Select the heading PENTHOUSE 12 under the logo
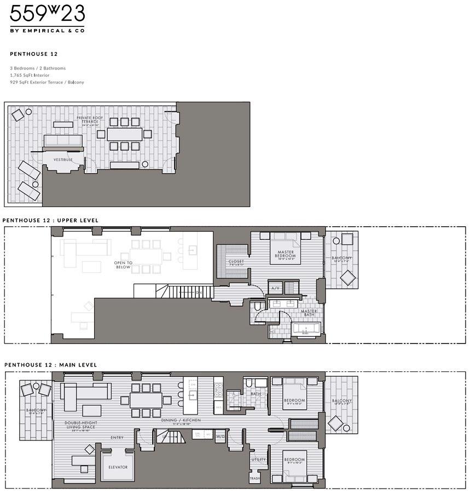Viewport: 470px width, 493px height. (34, 55)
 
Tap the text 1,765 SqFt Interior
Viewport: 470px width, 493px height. (30, 75)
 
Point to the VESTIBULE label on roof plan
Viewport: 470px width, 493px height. (63, 159)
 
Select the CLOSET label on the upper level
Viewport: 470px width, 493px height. (236, 262)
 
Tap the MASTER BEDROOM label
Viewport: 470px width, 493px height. (286, 254)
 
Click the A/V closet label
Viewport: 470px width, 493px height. (275, 288)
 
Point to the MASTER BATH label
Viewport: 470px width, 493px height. (309, 313)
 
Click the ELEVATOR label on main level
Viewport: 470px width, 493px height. (118, 467)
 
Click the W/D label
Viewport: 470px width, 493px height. (220, 437)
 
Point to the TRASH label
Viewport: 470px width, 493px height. (254, 479)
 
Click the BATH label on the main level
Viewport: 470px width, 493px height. (256, 393)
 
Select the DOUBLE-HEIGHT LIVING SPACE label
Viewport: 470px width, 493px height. (80, 425)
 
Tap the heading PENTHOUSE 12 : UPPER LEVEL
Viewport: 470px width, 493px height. (50, 220)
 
